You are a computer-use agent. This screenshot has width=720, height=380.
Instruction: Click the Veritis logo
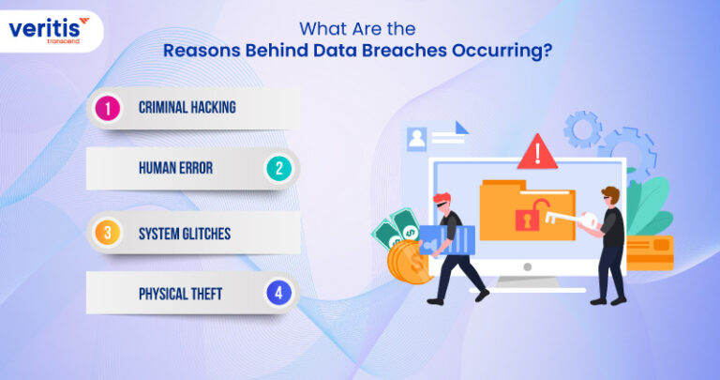point(50,31)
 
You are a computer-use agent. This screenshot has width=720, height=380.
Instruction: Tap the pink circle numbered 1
point(109,108)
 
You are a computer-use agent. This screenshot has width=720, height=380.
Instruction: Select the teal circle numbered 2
point(277,169)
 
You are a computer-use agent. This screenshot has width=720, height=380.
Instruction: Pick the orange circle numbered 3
point(109,232)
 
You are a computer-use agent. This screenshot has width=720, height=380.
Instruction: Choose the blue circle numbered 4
point(277,294)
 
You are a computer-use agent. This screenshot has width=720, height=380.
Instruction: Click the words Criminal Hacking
point(187,108)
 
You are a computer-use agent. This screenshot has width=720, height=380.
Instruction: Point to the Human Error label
point(175,169)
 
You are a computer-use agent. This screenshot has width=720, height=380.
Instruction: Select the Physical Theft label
point(180,294)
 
